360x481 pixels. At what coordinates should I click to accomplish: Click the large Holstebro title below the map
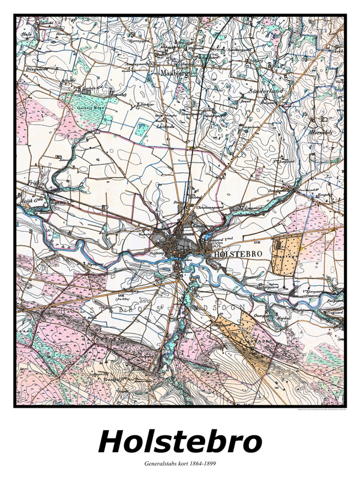pos(180,442)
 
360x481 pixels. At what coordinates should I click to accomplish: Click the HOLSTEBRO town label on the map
pos(238,254)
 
